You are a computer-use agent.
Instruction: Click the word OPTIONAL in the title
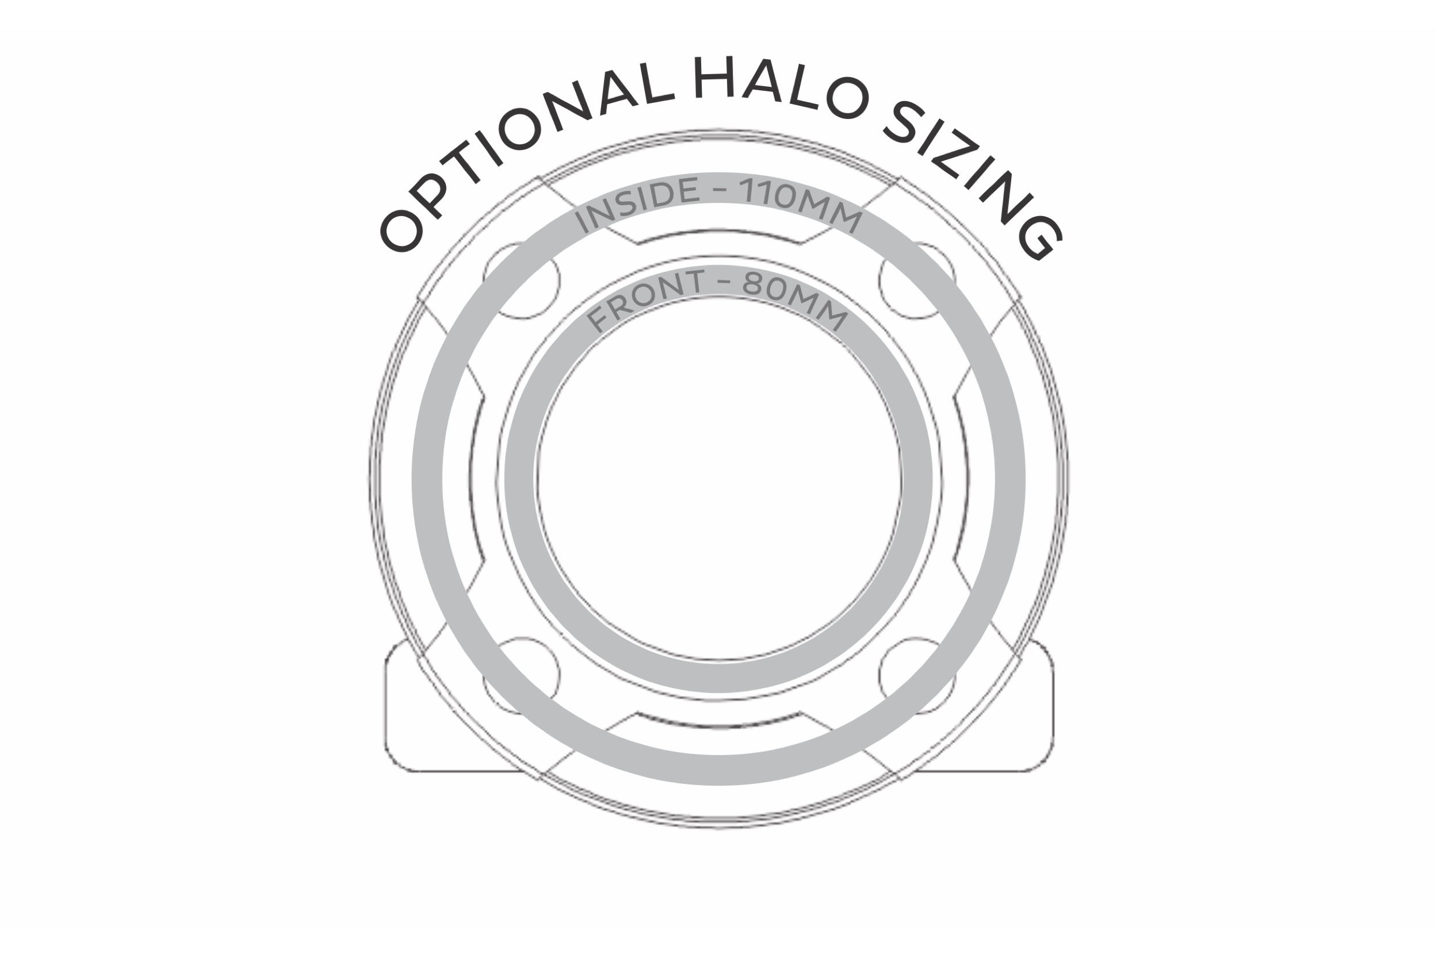click(x=519, y=147)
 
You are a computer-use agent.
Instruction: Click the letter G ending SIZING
click(x=1039, y=238)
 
